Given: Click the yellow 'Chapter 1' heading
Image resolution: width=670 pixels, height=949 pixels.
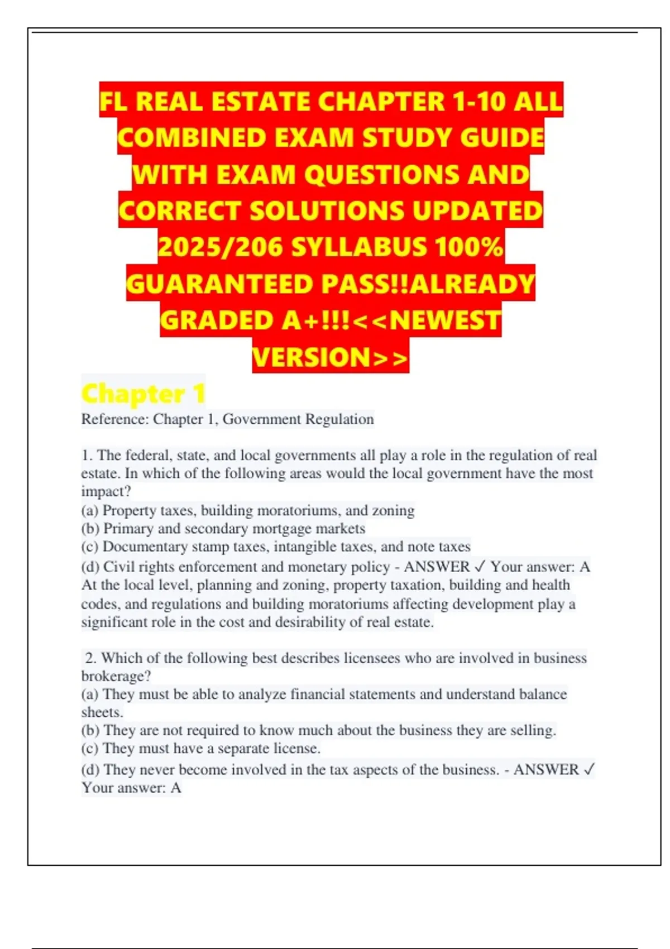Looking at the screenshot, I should [143, 394].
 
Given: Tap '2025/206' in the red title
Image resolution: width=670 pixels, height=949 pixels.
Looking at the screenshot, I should [221, 247].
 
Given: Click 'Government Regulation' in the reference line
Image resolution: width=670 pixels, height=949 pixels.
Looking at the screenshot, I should [298, 419].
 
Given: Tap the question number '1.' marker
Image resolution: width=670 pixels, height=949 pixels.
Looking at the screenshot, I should [87, 456].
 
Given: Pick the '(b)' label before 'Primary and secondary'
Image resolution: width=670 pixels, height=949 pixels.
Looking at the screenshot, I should [90, 529].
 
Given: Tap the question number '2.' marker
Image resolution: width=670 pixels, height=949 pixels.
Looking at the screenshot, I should [91, 658].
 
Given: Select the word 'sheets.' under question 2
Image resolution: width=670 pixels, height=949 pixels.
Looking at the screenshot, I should [102, 712].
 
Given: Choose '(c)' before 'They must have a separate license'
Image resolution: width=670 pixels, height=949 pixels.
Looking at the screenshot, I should [90, 749].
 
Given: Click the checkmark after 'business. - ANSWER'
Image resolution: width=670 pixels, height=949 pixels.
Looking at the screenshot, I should [589, 770].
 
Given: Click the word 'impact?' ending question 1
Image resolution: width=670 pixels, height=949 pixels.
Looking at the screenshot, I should [106, 492].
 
